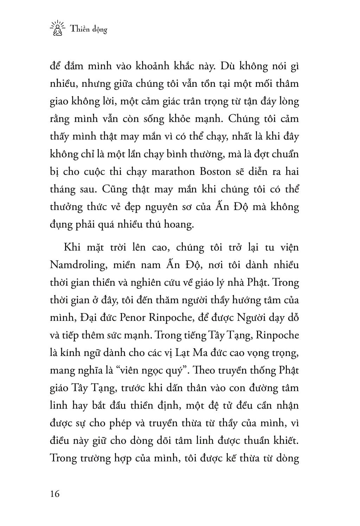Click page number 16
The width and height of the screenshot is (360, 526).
55,494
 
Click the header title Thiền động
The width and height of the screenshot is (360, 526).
89,29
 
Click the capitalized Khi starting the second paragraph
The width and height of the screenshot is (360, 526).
72,247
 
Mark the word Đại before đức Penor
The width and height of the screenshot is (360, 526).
89,318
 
